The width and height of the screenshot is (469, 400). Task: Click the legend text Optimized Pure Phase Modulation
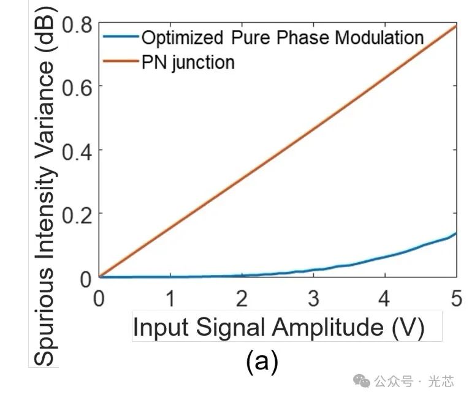coord(283,37)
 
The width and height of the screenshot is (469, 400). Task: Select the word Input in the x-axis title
coord(159,328)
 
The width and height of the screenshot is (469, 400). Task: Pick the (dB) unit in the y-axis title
coord(43,40)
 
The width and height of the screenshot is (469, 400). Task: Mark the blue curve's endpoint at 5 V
coord(456,233)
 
